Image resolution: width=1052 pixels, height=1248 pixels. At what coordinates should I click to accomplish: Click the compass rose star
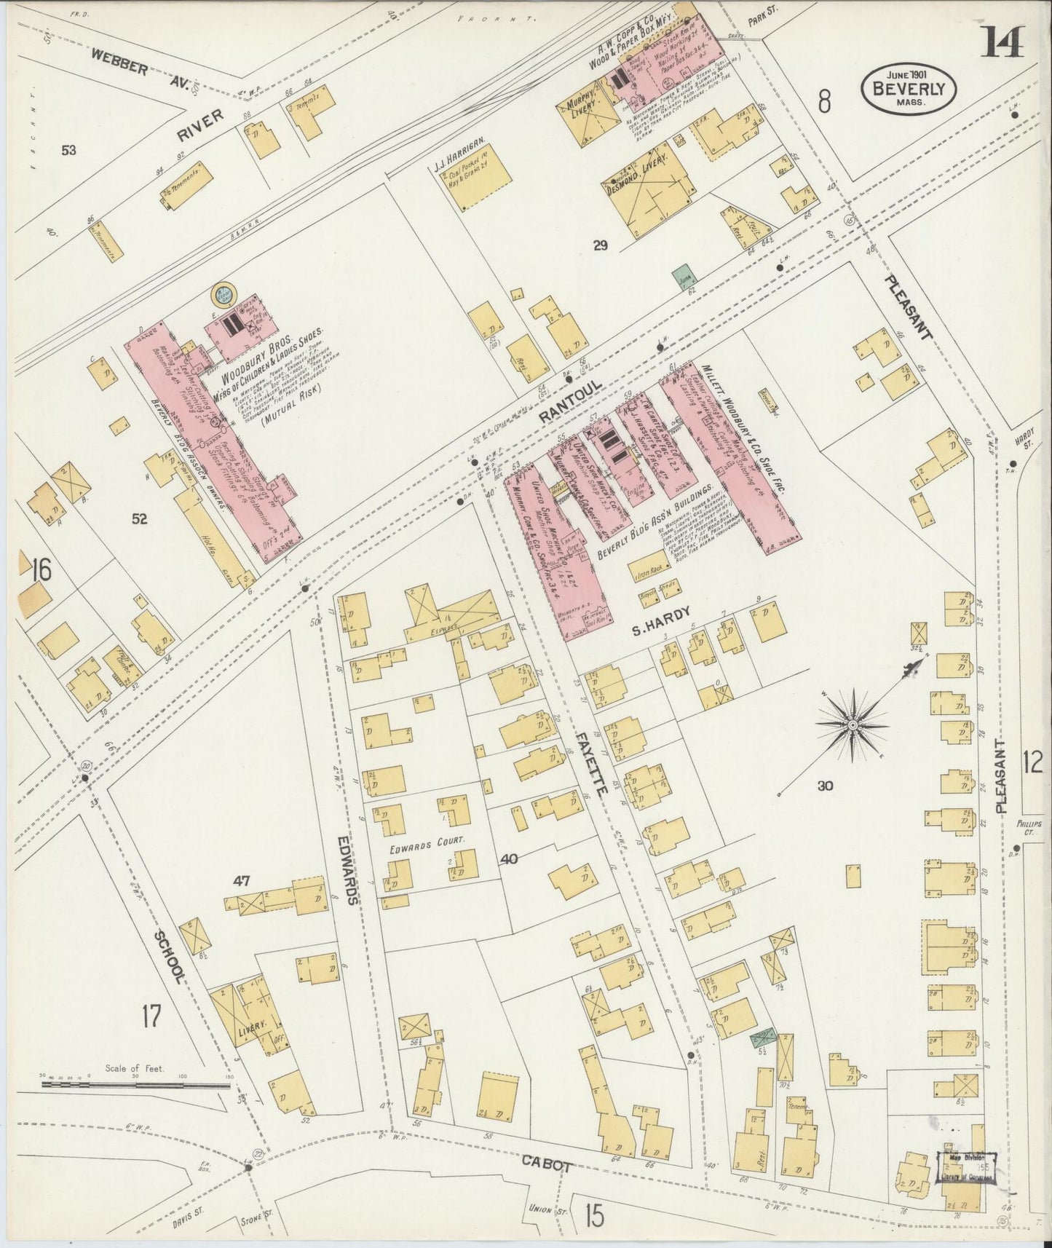pyautogui.click(x=853, y=726)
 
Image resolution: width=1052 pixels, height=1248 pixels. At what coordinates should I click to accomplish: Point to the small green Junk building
pyautogui.click(x=682, y=277)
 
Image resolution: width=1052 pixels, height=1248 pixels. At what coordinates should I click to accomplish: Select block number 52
pyautogui.click(x=139, y=518)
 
